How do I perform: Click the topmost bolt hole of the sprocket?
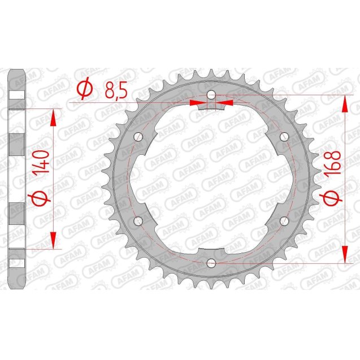211,94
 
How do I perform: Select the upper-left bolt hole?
137,136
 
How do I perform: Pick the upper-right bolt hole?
284,136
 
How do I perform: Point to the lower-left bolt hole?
137,220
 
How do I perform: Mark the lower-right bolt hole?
284,220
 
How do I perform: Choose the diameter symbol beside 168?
332,198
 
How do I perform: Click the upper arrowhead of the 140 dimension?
54,117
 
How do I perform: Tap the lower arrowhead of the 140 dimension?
54,240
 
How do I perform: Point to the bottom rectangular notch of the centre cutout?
211,251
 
